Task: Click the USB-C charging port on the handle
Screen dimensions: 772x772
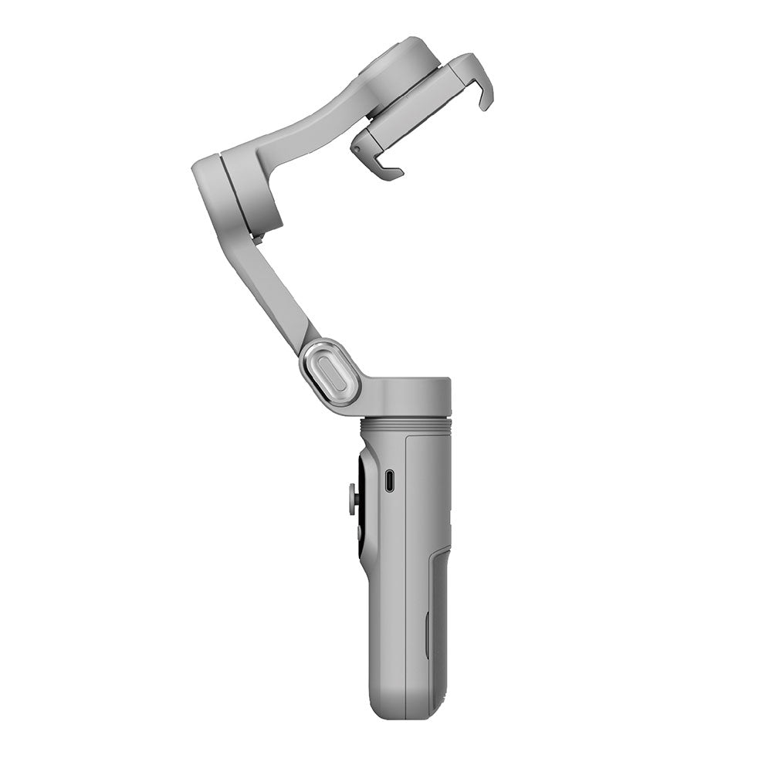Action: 388,481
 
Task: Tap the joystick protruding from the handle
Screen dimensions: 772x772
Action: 353,499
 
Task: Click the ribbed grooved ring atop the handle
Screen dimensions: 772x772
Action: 405,425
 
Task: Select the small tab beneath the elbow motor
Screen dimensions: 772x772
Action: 257,239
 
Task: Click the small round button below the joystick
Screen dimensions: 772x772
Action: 358,533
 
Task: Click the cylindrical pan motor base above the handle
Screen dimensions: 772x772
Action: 409,396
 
